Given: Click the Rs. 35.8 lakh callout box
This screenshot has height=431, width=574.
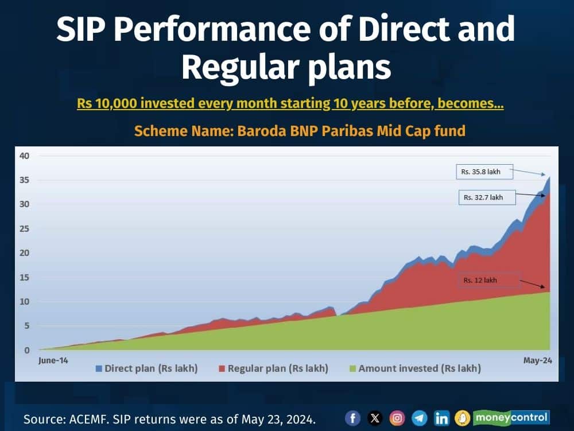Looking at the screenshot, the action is click(484, 172).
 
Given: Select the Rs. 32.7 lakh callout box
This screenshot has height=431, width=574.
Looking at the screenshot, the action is click(487, 197).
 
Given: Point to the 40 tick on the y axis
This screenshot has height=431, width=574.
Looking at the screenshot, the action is click(24, 156).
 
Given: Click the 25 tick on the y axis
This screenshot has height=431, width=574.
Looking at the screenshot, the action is click(24, 228).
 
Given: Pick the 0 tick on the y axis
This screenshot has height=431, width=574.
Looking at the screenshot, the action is click(27, 350).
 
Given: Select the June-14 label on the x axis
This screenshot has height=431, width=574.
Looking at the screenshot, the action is click(53, 360).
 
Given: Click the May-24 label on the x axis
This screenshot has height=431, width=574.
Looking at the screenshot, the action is click(537, 360).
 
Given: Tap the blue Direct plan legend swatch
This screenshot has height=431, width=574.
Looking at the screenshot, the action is click(99, 368).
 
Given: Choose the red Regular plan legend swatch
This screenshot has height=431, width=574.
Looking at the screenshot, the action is click(222, 368).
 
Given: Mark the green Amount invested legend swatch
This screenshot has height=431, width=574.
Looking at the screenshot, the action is click(352, 368).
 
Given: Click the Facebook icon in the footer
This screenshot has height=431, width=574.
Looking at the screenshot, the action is click(352, 418).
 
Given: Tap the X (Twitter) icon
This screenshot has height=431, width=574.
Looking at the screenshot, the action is click(375, 418).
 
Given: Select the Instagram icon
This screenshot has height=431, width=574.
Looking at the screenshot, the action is click(397, 418).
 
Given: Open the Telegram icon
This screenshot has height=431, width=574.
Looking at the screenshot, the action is click(419, 418).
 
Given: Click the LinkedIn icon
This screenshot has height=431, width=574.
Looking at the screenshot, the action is click(441, 418).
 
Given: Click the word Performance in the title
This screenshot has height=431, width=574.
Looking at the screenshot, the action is click(212, 29).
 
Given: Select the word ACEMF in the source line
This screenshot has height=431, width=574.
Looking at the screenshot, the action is click(88, 420).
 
